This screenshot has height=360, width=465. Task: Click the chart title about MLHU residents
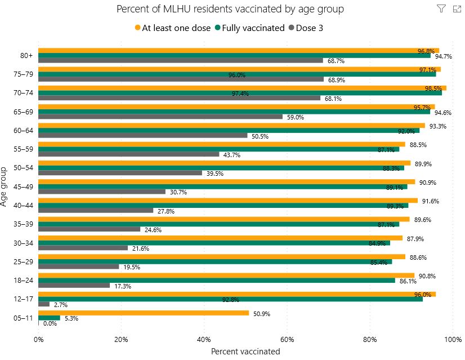pyautogui.click(x=230, y=10)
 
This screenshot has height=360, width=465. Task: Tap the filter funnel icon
pyautogui.click(x=441, y=8)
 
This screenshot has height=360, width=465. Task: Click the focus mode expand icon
pyautogui.click(x=457, y=8)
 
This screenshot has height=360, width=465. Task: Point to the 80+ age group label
pyautogui.click(x=26, y=56)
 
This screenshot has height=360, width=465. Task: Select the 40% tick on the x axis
pyautogui.click(x=204, y=339)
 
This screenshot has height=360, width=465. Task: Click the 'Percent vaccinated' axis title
pyautogui.click(x=245, y=351)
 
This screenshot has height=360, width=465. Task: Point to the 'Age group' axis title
pyautogui.click(x=5, y=186)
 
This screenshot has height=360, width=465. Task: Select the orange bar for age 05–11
pyautogui.click(x=144, y=313)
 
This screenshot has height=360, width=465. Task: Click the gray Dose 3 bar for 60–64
pyautogui.click(x=143, y=135)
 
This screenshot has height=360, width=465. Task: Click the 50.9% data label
pyautogui.click(x=261, y=313)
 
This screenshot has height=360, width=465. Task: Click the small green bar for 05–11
pyautogui.click(x=49, y=318)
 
